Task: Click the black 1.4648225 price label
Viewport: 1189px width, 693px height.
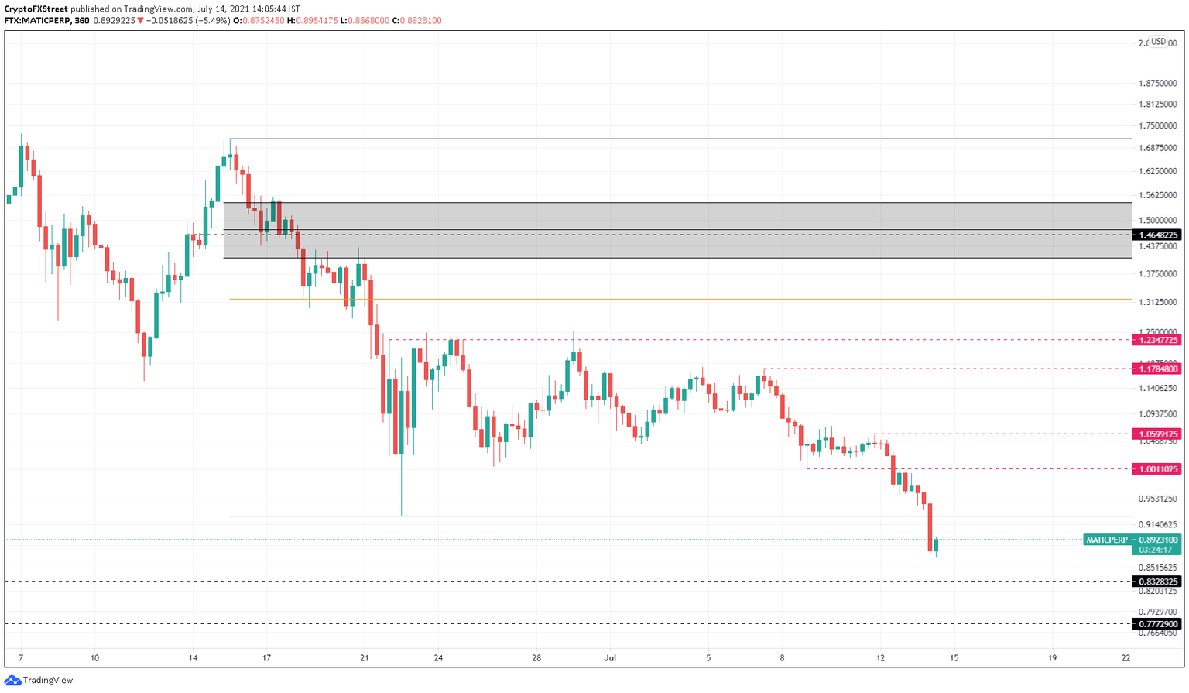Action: coord(1158,235)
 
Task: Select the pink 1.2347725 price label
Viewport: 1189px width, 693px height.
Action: coord(1158,340)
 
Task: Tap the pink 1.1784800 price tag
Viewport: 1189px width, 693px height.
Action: coord(1158,369)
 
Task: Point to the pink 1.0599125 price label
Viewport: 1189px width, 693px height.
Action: coord(1158,434)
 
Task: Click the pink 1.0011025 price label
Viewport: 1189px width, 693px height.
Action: coord(1158,469)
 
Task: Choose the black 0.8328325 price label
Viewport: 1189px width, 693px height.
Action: coord(1158,582)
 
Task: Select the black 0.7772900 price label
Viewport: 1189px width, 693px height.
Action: coord(1158,624)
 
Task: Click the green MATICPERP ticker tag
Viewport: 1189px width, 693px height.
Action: coord(1107,540)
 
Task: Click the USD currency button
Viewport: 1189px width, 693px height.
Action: coord(1158,42)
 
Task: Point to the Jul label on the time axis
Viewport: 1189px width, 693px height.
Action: coord(610,658)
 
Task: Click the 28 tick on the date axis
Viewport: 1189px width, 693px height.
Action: coord(536,658)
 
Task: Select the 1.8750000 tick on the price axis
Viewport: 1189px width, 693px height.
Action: coord(1157,84)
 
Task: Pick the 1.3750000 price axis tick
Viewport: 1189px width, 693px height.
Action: coord(1157,274)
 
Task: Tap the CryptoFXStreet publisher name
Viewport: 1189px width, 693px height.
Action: coord(36,9)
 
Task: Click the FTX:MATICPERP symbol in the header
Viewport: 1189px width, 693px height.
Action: coord(36,21)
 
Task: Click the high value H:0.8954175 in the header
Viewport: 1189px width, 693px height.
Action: coord(313,21)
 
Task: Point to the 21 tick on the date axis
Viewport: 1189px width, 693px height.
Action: coord(365,658)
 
